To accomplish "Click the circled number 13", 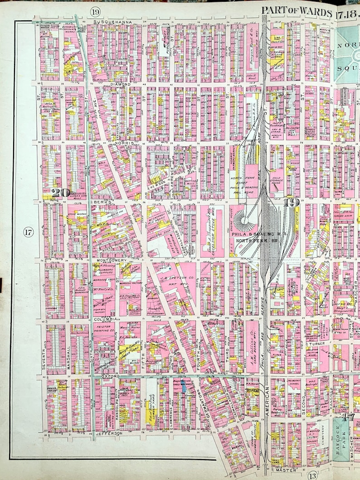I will pyautogui.click(x=312, y=475).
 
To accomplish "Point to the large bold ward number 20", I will pyautogui.click(x=60, y=193).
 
